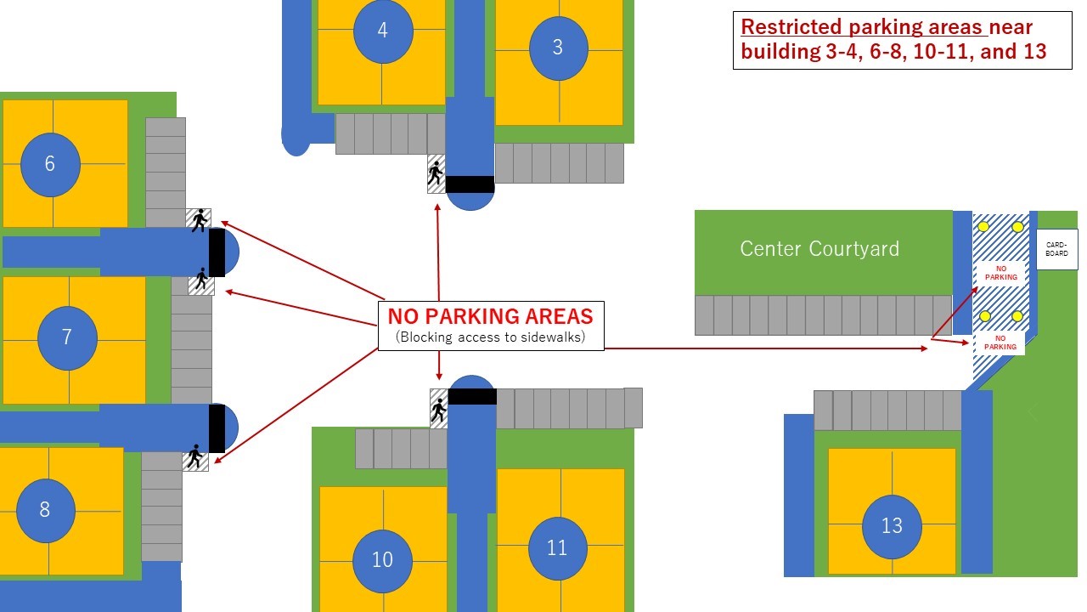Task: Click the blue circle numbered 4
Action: (x=382, y=31)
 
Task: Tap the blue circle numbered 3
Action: (x=558, y=48)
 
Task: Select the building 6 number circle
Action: (x=50, y=164)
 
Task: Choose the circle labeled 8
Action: (x=45, y=510)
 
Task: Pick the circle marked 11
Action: (x=557, y=548)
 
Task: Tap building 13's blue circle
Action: (x=892, y=526)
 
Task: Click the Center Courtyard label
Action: (x=819, y=249)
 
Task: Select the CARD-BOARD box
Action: (x=1056, y=249)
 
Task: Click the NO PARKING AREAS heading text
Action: (x=490, y=317)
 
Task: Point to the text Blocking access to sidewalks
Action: (x=490, y=338)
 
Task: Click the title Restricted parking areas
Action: (x=864, y=26)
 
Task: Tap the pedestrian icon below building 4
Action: (x=436, y=174)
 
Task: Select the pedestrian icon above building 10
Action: (x=438, y=410)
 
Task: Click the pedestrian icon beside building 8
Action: (x=195, y=457)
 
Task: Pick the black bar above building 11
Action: (x=472, y=396)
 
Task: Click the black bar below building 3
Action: (x=470, y=184)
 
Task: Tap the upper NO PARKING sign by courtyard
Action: (x=1000, y=273)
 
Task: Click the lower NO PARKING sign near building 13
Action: (x=1000, y=343)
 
